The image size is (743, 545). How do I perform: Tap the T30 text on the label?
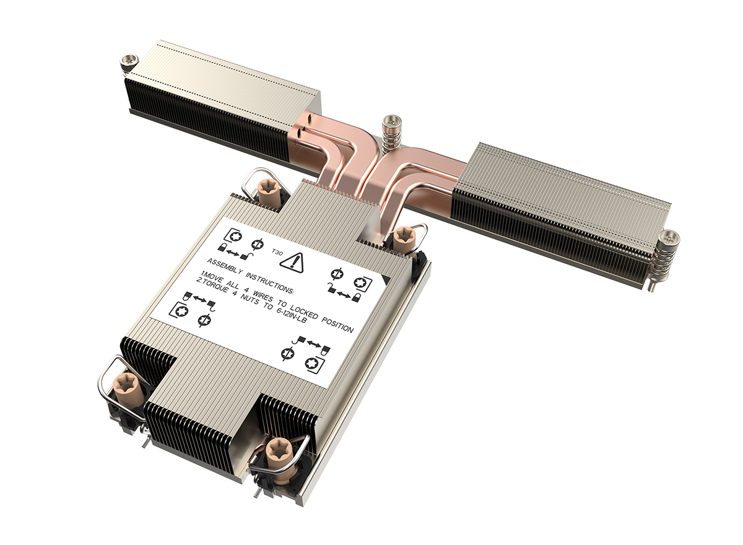pos(277,253)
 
